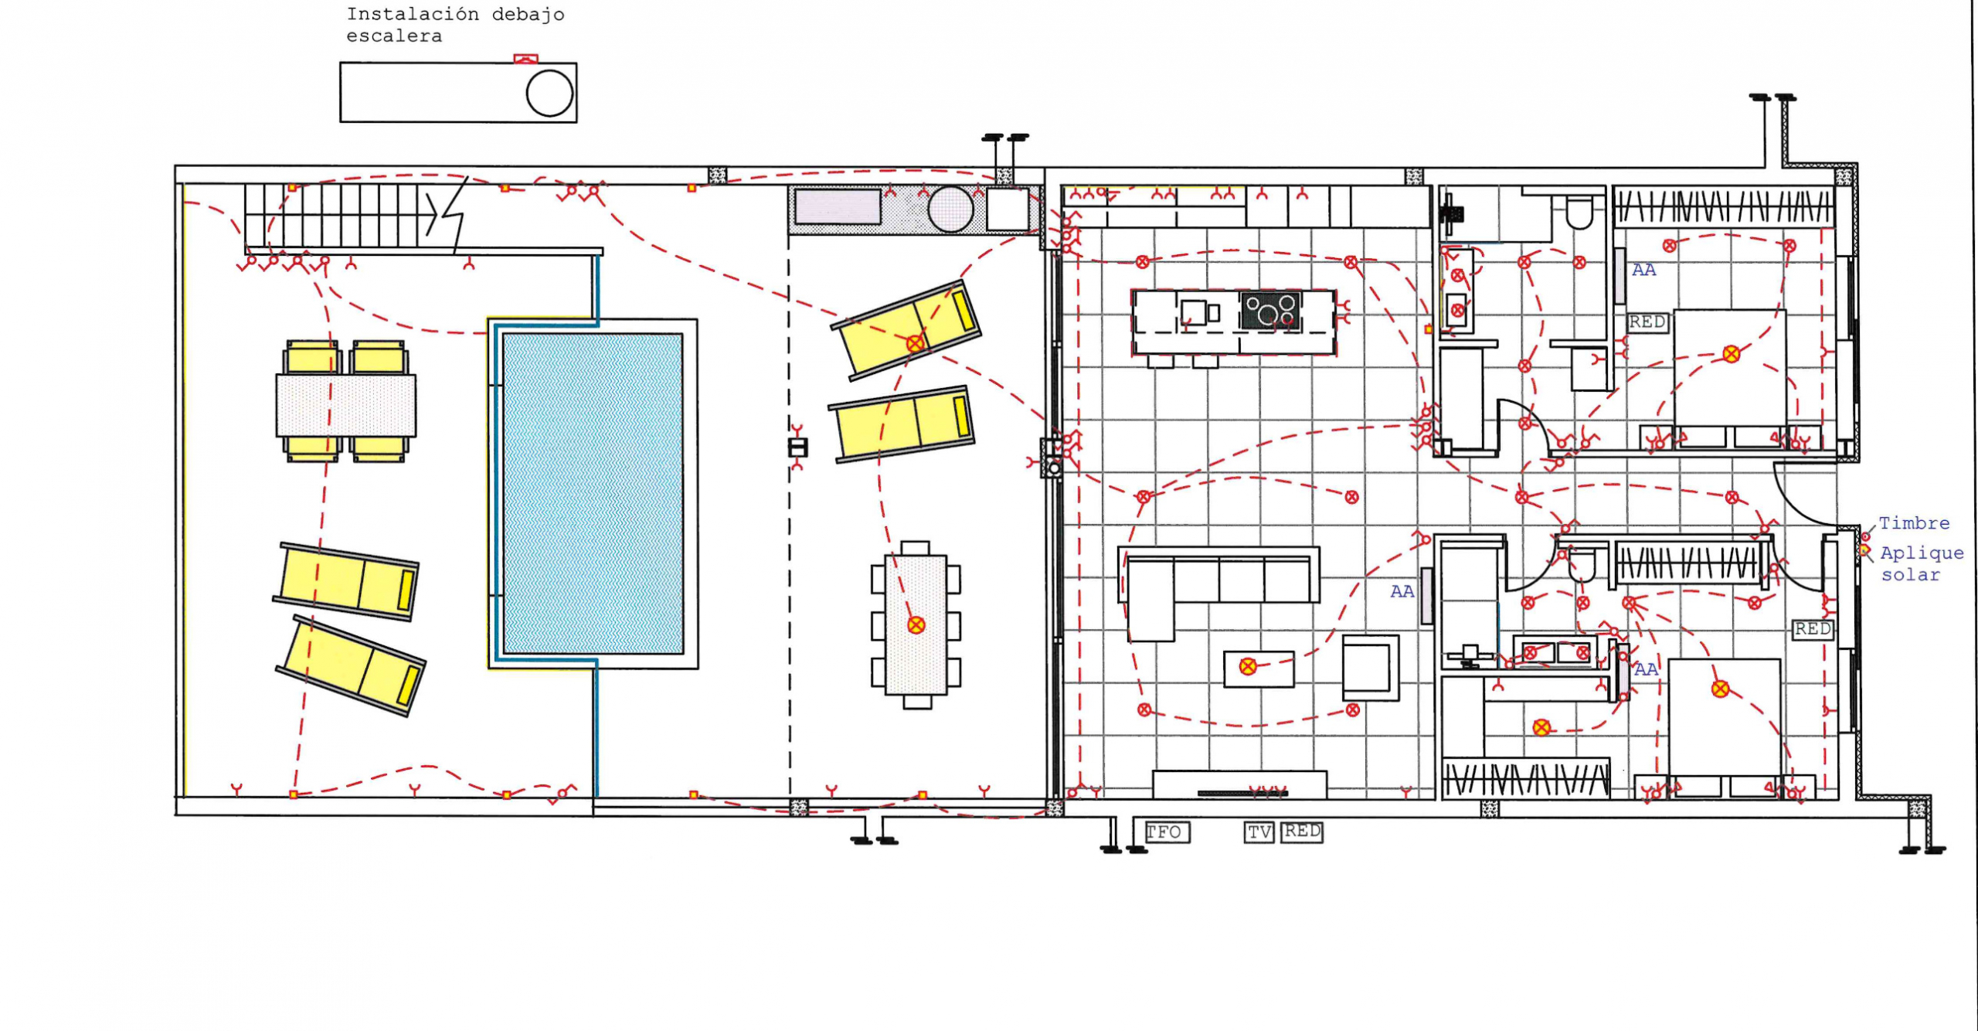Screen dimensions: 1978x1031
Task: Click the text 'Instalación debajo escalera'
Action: click(455, 25)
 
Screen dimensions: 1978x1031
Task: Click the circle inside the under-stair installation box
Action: click(549, 94)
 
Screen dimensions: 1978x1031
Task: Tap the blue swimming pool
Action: click(593, 494)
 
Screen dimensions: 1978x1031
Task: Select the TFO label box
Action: click(1167, 832)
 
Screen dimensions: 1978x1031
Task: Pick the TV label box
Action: click(1259, 832)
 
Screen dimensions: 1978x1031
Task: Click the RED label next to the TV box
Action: click(1302, 831)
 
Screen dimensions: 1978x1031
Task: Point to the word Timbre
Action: click(1914, 523)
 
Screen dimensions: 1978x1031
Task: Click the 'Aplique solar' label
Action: click(1921, 563)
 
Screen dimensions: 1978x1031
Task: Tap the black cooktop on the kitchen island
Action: click(1269, 310)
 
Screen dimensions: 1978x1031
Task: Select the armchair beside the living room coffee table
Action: click(1370, 668)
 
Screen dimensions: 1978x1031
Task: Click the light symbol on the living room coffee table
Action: click(1247, 666)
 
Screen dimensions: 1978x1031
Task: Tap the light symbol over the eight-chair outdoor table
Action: click(916, 624)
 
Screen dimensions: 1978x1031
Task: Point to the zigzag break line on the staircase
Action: click(450, 213)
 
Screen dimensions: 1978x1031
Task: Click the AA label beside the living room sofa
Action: click(1402, 591)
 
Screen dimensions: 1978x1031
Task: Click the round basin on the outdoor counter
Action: click(950, 209)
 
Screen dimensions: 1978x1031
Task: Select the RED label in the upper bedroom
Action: click(1647, 322)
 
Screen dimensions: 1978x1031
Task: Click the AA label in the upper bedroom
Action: click(1643, 270)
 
